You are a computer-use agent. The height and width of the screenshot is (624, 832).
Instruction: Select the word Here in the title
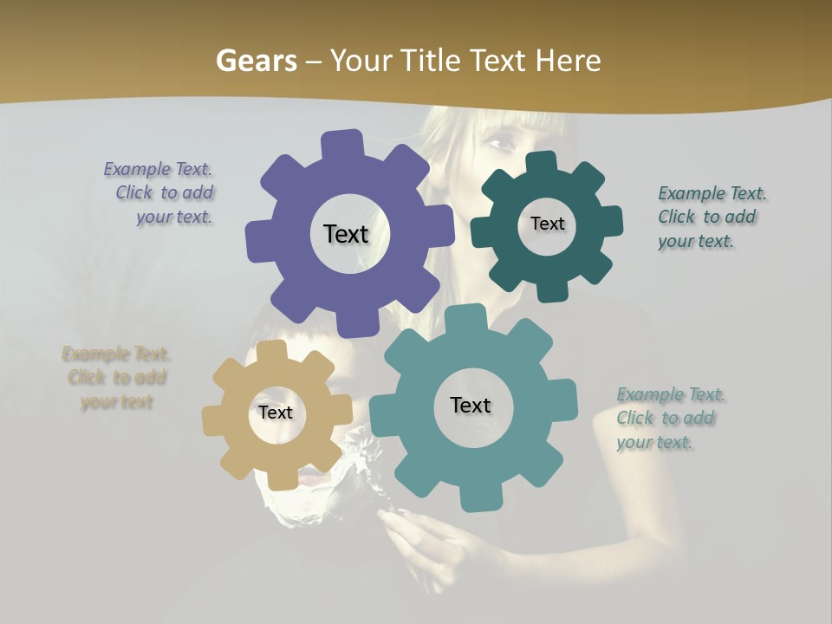pyautogui.click(x=569, y=61)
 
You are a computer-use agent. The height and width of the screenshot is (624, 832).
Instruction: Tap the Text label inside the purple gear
pyautogui.click(x=346, y=234)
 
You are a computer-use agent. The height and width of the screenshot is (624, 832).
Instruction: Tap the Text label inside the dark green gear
pyautogui.click(x=547, y=224)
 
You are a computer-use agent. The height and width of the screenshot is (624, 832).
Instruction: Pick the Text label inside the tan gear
pyautogui.click(x=276, y=413)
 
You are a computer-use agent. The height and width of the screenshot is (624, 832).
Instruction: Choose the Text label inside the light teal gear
pyautogui.click(x=471, y=406)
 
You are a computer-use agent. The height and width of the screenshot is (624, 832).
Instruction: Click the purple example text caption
pyautogui.click(x=160, y=193)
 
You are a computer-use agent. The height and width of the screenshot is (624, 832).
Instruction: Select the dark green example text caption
pyautogui.click(x=711, y=218)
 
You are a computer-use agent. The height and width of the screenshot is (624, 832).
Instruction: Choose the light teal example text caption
pyautogui.click(x=669, y=419)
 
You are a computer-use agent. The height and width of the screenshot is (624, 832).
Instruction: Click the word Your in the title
pyautogui.click(x=361, y=61)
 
